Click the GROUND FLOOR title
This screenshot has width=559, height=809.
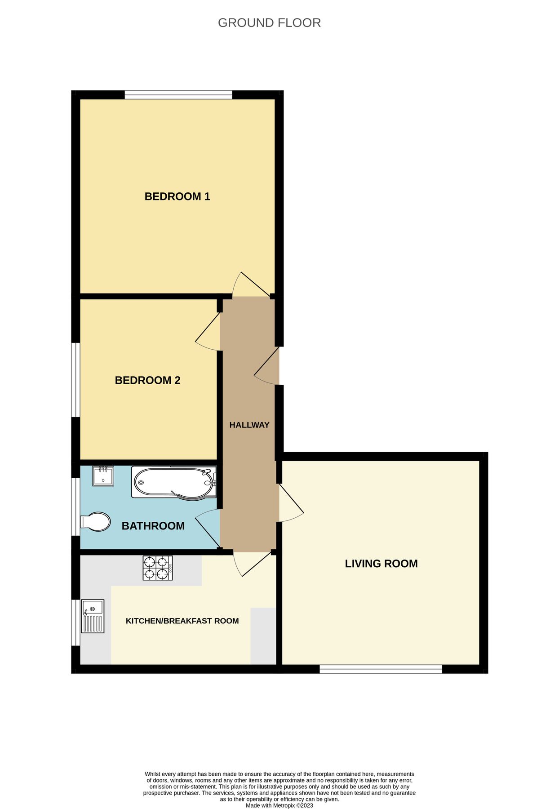(269, 23)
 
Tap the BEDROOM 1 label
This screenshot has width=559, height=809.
(177, 196)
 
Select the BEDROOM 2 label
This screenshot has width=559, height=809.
(147, 380)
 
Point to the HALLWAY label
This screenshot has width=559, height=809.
(249, 425)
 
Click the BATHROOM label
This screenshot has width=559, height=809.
(153, 526)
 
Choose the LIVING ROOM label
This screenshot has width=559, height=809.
(381, 564)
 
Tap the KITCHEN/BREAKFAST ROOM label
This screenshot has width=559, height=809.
(182, 621)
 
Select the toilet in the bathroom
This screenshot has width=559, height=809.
(95, 522)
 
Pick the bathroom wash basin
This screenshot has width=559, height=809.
(103, 476)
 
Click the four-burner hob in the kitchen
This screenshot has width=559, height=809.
(157, 568)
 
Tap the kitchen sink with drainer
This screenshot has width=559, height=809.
(93, 616)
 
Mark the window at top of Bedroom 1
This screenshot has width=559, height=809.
(178, 94)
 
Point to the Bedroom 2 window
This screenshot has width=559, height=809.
(75, 380)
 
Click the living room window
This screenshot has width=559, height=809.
(381, 669)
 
